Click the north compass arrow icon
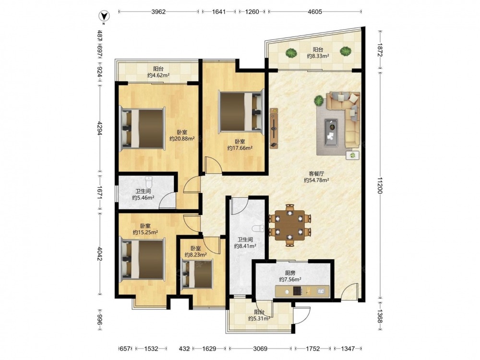(104, 16)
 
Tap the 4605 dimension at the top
(315, 12)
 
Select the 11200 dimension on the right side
(380, 185)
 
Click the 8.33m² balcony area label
(318, 56)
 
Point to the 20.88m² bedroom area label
(182, 139)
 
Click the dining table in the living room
(289, 225)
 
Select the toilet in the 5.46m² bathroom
(149, 182)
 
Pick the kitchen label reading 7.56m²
(290, 279)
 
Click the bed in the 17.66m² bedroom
(241, 112)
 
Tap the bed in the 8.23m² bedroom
(197, 274)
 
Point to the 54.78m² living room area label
(316, 180)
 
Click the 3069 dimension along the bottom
(260, 348)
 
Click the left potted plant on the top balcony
(291, 53)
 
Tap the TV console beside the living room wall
(274, 128)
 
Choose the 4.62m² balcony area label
(158, 75)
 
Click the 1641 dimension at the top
(218, 12)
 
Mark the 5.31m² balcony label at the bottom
(259, 319)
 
